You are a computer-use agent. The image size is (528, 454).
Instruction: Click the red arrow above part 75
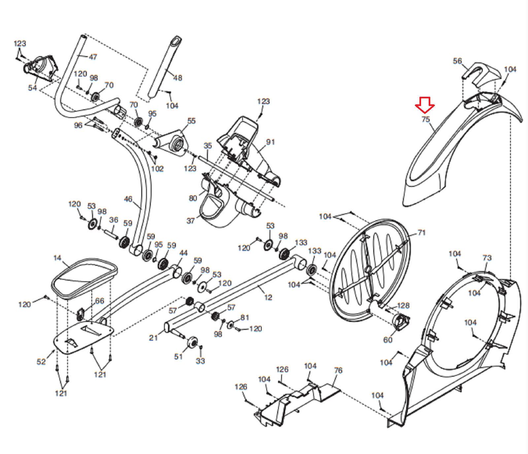[425, 105]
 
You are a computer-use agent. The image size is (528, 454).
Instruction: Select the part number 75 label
[426, 119]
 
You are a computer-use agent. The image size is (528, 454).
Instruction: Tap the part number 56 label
[457, 61]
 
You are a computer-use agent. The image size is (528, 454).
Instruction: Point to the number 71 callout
[421, 232]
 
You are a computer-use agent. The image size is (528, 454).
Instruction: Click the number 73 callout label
[487, 258]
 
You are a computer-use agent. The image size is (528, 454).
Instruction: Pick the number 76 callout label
[338, 370]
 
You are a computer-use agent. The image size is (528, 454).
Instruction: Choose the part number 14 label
[57, 258]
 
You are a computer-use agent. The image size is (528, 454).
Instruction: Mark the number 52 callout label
[41, 362]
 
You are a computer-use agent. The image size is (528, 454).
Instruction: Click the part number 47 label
[93, 57]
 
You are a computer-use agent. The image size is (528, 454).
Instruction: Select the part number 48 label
[178, 78]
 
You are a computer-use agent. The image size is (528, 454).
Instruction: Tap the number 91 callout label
[270, 142]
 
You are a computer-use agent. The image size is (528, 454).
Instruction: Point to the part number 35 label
[208, 146]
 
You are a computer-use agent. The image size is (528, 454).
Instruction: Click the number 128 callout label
[403, 305]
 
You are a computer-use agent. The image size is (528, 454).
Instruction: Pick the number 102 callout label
[157, 169]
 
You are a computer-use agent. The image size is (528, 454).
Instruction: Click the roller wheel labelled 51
[192, 342]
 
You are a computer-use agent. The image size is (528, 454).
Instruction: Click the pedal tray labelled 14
[84, 278]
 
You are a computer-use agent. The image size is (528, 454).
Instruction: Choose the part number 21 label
[153, 337]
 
